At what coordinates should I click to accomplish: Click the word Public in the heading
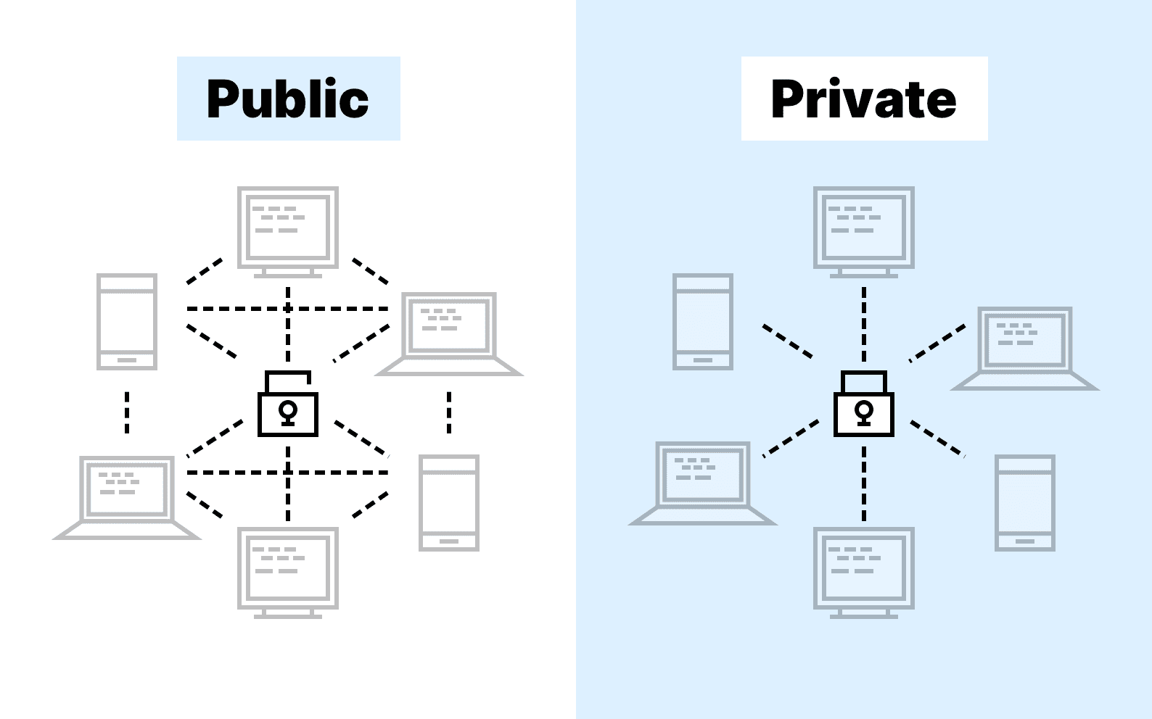[x=288, y=99]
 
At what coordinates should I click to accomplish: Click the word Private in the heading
[x=863, y=99]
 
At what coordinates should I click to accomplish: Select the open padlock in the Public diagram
[x=288, y=409]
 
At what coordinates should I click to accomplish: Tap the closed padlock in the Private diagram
[x=863, y=409]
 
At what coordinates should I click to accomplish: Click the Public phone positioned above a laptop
[x=127, y=321]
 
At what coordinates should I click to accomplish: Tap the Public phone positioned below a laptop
[x=449, y=502]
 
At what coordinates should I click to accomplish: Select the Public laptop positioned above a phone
[x=449, y=333]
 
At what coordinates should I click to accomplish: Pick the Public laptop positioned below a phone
[x=127, y=496]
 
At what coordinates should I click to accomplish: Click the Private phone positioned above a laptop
[x=702, y=321]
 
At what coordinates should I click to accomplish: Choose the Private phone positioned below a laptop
[x=1024, y=502]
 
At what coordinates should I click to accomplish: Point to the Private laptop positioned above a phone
[x=1024, y=348]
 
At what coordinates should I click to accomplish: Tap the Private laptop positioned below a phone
[x=702, y=482]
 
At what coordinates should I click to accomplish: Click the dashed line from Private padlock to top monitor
[x=863, y=324]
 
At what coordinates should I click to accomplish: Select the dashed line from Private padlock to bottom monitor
[x=863, y=483]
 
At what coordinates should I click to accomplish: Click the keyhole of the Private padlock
[x=863, y=412]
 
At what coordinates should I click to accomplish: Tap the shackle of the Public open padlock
[x=288, y=375]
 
